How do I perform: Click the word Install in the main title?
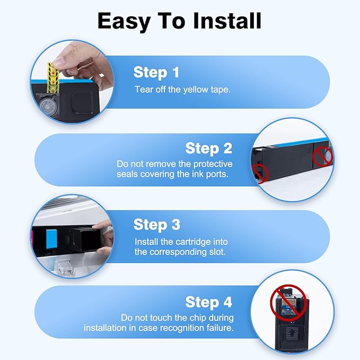tap(227, 21)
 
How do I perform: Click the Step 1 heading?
tap(156, 73)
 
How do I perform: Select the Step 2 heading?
tap(209, 148)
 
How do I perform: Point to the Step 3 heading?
tap(157, 225)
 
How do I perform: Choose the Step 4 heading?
tap(209, 302)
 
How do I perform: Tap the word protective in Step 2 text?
tap(213, 164)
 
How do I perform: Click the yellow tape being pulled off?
tap(53, 77)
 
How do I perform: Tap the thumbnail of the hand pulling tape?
tap(72, 82)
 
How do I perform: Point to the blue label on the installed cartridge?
tap(51, 239)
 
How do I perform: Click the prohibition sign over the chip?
tap(288, 303)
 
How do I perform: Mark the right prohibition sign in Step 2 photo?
tap(323, 156)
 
